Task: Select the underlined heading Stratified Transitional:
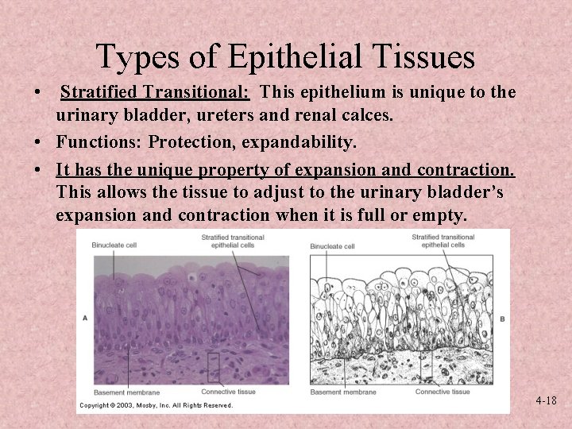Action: pyautogui.click(x=156, y=93)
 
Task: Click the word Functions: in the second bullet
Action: pyautogui.click(x=99, y=142)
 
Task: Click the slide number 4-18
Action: pyautogui.click(x=546, y=401)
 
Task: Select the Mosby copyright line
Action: pyautogui.click(x=156, y=405)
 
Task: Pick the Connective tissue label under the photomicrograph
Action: pyautogui.click(x=228, y=392)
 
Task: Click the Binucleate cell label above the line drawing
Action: pyautogui.click(x=332, y=246)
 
